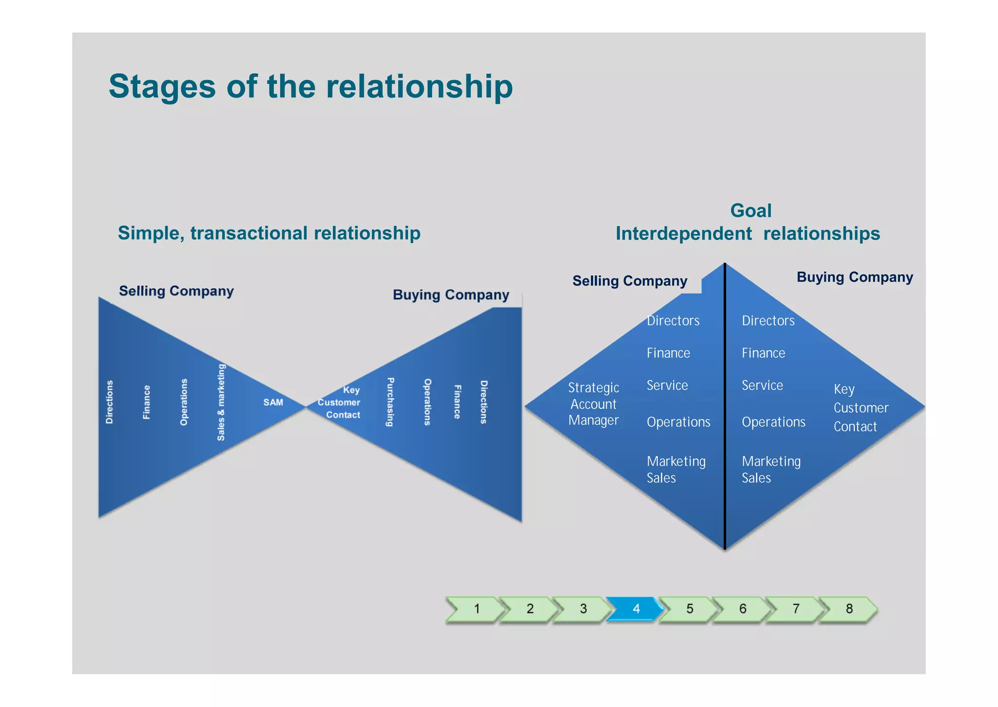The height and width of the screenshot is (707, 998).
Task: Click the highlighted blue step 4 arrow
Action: (x=635, y=609)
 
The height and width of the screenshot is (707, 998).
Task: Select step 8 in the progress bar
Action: (x=848, y=609)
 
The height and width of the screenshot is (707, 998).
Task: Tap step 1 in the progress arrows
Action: (x=477, y=609)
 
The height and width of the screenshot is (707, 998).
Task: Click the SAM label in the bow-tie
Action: (x=273, y=402)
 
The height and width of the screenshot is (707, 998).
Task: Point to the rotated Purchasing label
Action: (x=390, y=402)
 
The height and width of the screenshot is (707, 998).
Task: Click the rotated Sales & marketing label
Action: (x=221, y=402)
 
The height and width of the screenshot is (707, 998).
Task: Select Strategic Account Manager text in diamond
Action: (x=593, y=404)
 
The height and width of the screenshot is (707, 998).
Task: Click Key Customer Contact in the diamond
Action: (x=860, y=408)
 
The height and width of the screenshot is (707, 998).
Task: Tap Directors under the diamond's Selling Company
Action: (x=673, y=321)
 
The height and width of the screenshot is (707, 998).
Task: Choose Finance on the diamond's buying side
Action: (x=763, y=353)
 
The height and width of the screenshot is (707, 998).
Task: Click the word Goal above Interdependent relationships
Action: (x=750, y=211)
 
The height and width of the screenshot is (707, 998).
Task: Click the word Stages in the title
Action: (x=162, y=86)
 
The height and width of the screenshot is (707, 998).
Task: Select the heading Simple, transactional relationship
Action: (x=269, y=233)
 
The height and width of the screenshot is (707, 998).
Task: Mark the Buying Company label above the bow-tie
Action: (x=451, y=295)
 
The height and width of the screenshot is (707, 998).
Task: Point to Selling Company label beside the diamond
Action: (x=630, y=281)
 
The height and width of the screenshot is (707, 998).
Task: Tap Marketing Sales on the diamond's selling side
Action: (x=675, y=469)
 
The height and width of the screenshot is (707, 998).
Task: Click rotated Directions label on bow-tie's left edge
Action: (x=110, y=402)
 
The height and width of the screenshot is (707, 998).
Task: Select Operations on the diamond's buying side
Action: (x=773, y=422)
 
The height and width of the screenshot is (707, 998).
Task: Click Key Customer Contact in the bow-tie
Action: (x=340, y=402)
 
